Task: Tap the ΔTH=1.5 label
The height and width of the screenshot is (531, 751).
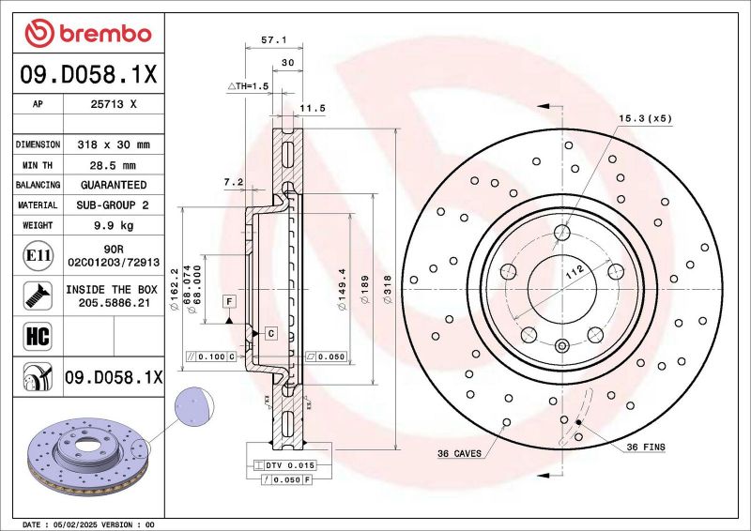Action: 248,85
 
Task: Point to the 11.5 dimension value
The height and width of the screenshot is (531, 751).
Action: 312,109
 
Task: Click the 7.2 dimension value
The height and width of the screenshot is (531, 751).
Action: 235,181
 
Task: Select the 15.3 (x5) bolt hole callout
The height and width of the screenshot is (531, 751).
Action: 645,118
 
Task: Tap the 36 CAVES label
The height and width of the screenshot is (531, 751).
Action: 459,453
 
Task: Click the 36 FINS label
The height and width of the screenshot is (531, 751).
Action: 645,448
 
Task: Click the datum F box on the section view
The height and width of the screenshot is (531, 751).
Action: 227,300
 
